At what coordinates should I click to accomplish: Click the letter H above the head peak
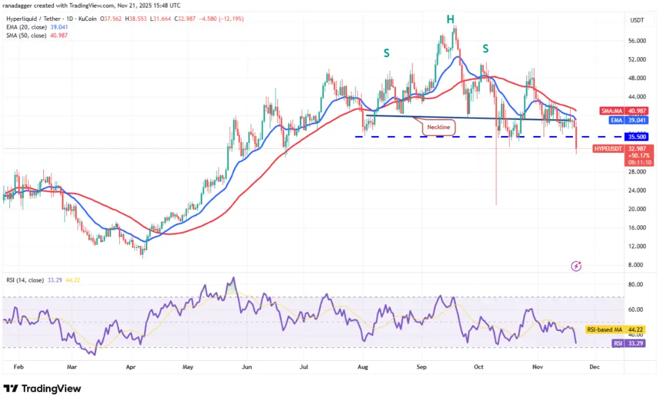pos(450,20)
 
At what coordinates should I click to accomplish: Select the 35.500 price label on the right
pos(637,137)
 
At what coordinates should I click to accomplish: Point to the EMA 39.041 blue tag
pos(618,120)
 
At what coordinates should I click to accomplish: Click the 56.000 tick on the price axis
pos(637,41)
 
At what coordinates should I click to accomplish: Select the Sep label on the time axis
pos(422,366)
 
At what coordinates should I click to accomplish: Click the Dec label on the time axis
pos(595,366)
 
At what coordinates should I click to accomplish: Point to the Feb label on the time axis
pos(18,366)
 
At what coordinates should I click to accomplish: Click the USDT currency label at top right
pos(637,20)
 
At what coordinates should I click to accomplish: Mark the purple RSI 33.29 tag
pos(627,343)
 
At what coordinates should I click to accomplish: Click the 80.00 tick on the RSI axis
pos(635,285)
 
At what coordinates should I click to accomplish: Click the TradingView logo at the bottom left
pos(42,389)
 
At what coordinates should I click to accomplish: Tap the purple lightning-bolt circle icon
pos(576,266)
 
